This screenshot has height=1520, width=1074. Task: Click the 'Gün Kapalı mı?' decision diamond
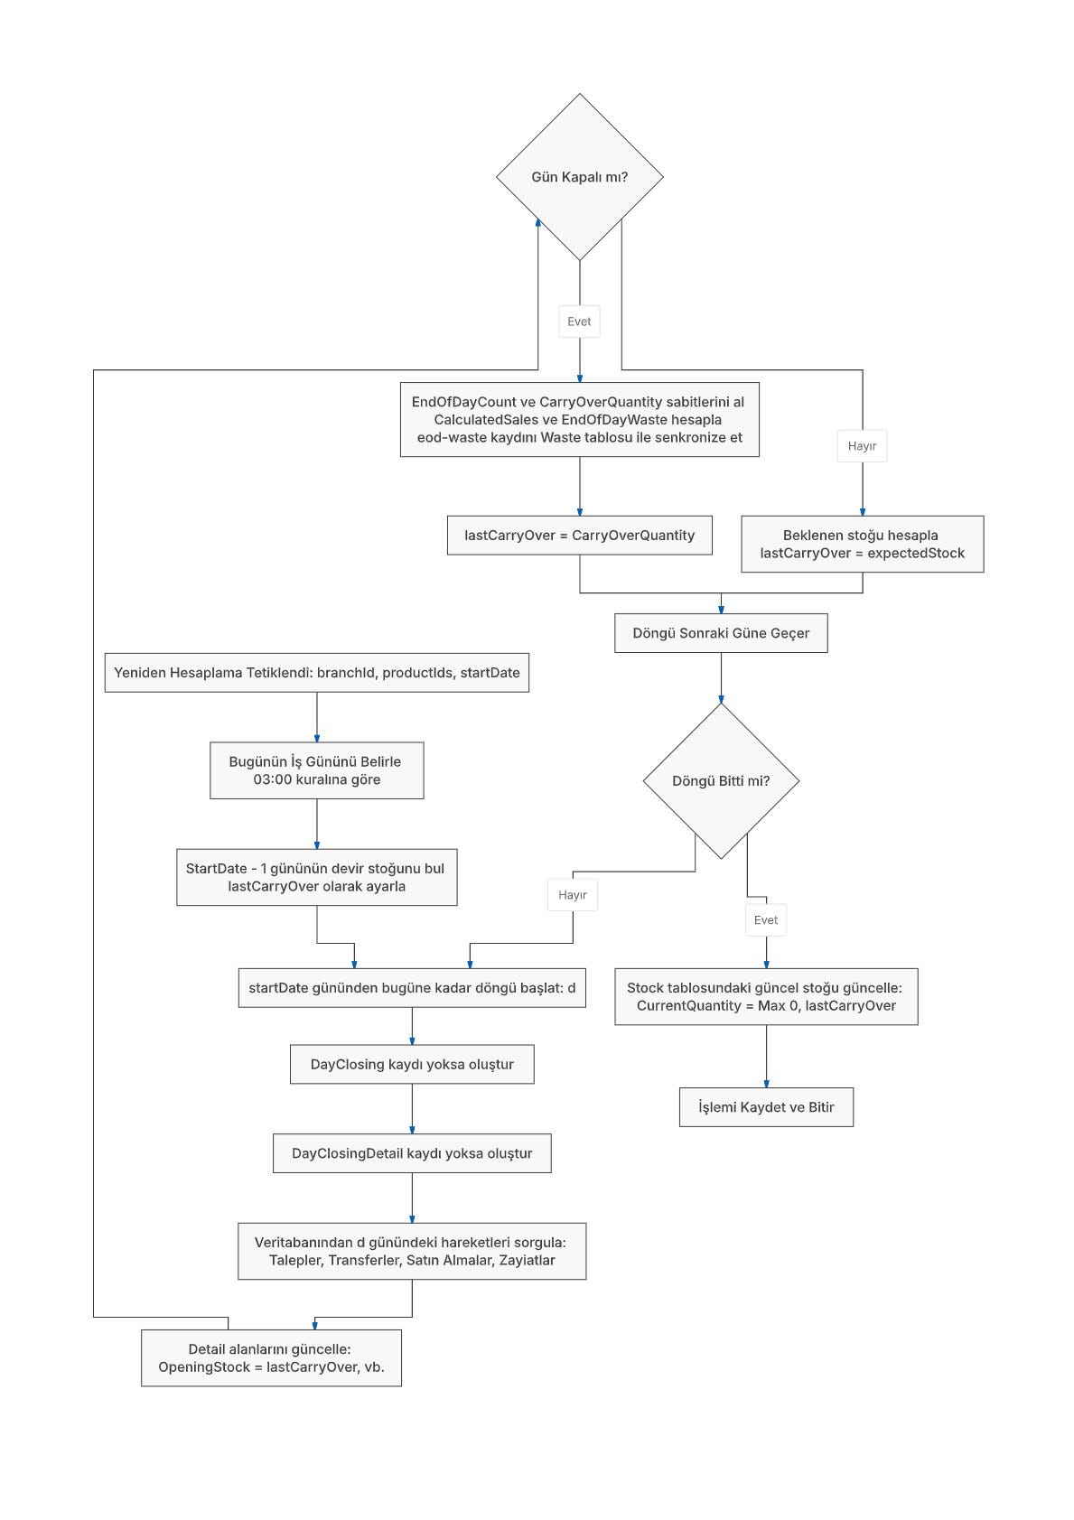(x=579, y=177)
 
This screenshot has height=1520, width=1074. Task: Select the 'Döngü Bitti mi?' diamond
(x=721, y=781)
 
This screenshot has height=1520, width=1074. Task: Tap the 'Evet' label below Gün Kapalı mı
(x=579, y=322)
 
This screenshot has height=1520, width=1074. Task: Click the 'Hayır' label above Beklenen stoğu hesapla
(x=862, y=446)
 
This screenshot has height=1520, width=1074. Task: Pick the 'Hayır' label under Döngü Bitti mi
(x=573, y=895)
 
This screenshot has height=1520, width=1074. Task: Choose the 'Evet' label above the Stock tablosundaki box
(x=766, y=920)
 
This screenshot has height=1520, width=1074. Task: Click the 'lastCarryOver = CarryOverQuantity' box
(x=579, y=536)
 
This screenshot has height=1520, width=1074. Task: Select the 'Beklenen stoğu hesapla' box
(x=863, y=545)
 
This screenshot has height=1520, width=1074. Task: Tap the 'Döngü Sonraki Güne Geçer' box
(x=721, y=633)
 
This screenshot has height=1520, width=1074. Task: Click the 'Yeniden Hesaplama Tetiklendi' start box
(x=317, y=673)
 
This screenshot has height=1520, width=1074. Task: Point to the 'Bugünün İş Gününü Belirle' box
(x=317, y=770)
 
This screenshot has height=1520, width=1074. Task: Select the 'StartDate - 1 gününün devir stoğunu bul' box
(x=317, y=877)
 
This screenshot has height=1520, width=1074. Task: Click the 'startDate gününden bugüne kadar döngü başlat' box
(x=412, y=988)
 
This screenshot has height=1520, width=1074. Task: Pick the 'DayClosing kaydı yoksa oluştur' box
(x=412, y=1064)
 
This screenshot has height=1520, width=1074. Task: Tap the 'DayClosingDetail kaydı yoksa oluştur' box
(x=412, y=1153)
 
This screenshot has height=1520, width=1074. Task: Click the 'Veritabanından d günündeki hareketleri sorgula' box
(x=412, y=1251)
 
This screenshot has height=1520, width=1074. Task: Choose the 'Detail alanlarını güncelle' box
(x=271, y=1357)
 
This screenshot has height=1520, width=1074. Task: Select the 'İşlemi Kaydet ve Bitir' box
(x=766, y=1106)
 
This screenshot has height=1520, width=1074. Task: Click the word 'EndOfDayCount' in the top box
(x=464, y=402)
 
